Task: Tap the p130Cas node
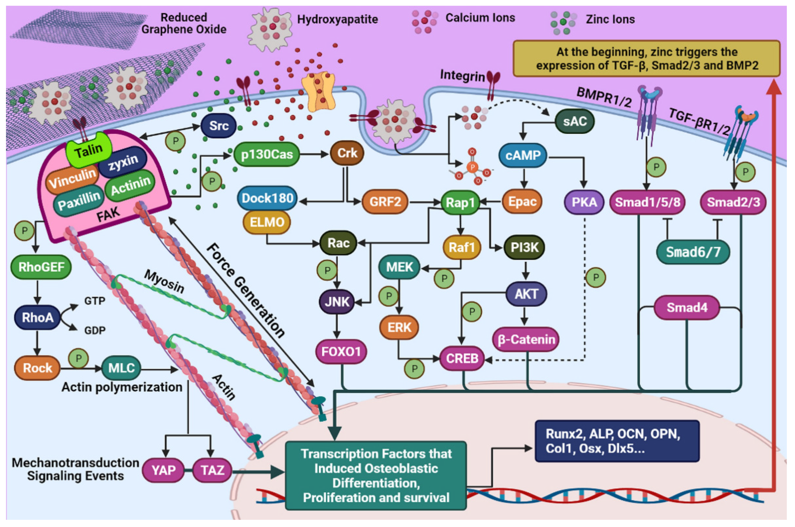[267, 154]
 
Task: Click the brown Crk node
[347, 153]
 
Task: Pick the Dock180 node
[267, 198]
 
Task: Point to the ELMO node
[267, 222]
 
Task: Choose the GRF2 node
[385, 202]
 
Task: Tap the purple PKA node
[584, 202]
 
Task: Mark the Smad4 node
[687, 307]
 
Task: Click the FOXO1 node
[341, 352]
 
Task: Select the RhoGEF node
[41, 267]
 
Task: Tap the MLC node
[121, 368]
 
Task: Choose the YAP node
[163, 470]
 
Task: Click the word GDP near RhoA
[95, 330]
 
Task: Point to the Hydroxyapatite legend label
[337, 19]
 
